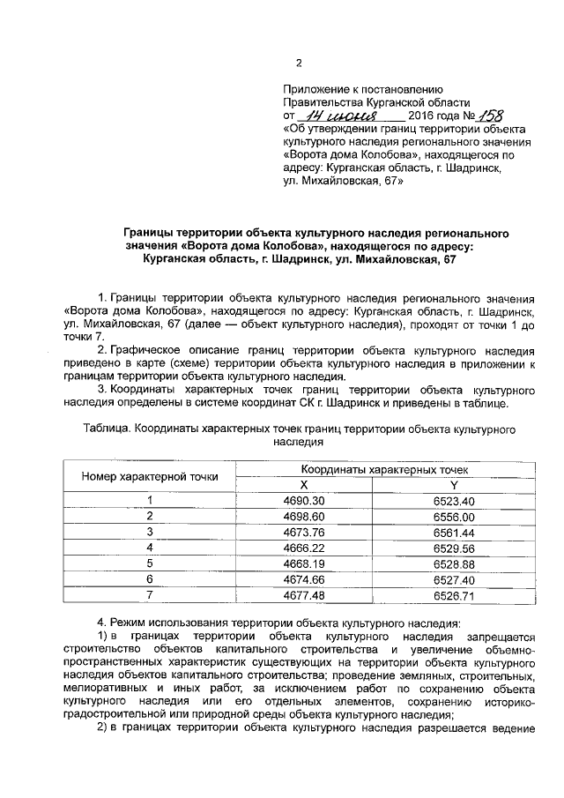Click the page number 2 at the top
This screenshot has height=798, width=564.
(x=298, y=63)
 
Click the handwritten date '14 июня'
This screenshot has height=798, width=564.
(x=338, y=116)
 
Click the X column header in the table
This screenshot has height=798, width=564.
(x=303, y=486)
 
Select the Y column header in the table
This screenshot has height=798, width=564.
(x=454, y=486)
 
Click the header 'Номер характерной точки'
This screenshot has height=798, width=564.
(x=150, y=477)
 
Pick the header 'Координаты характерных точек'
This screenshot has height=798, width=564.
(x=378, y=470)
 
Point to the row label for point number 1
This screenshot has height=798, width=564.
(x=150, y=501)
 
